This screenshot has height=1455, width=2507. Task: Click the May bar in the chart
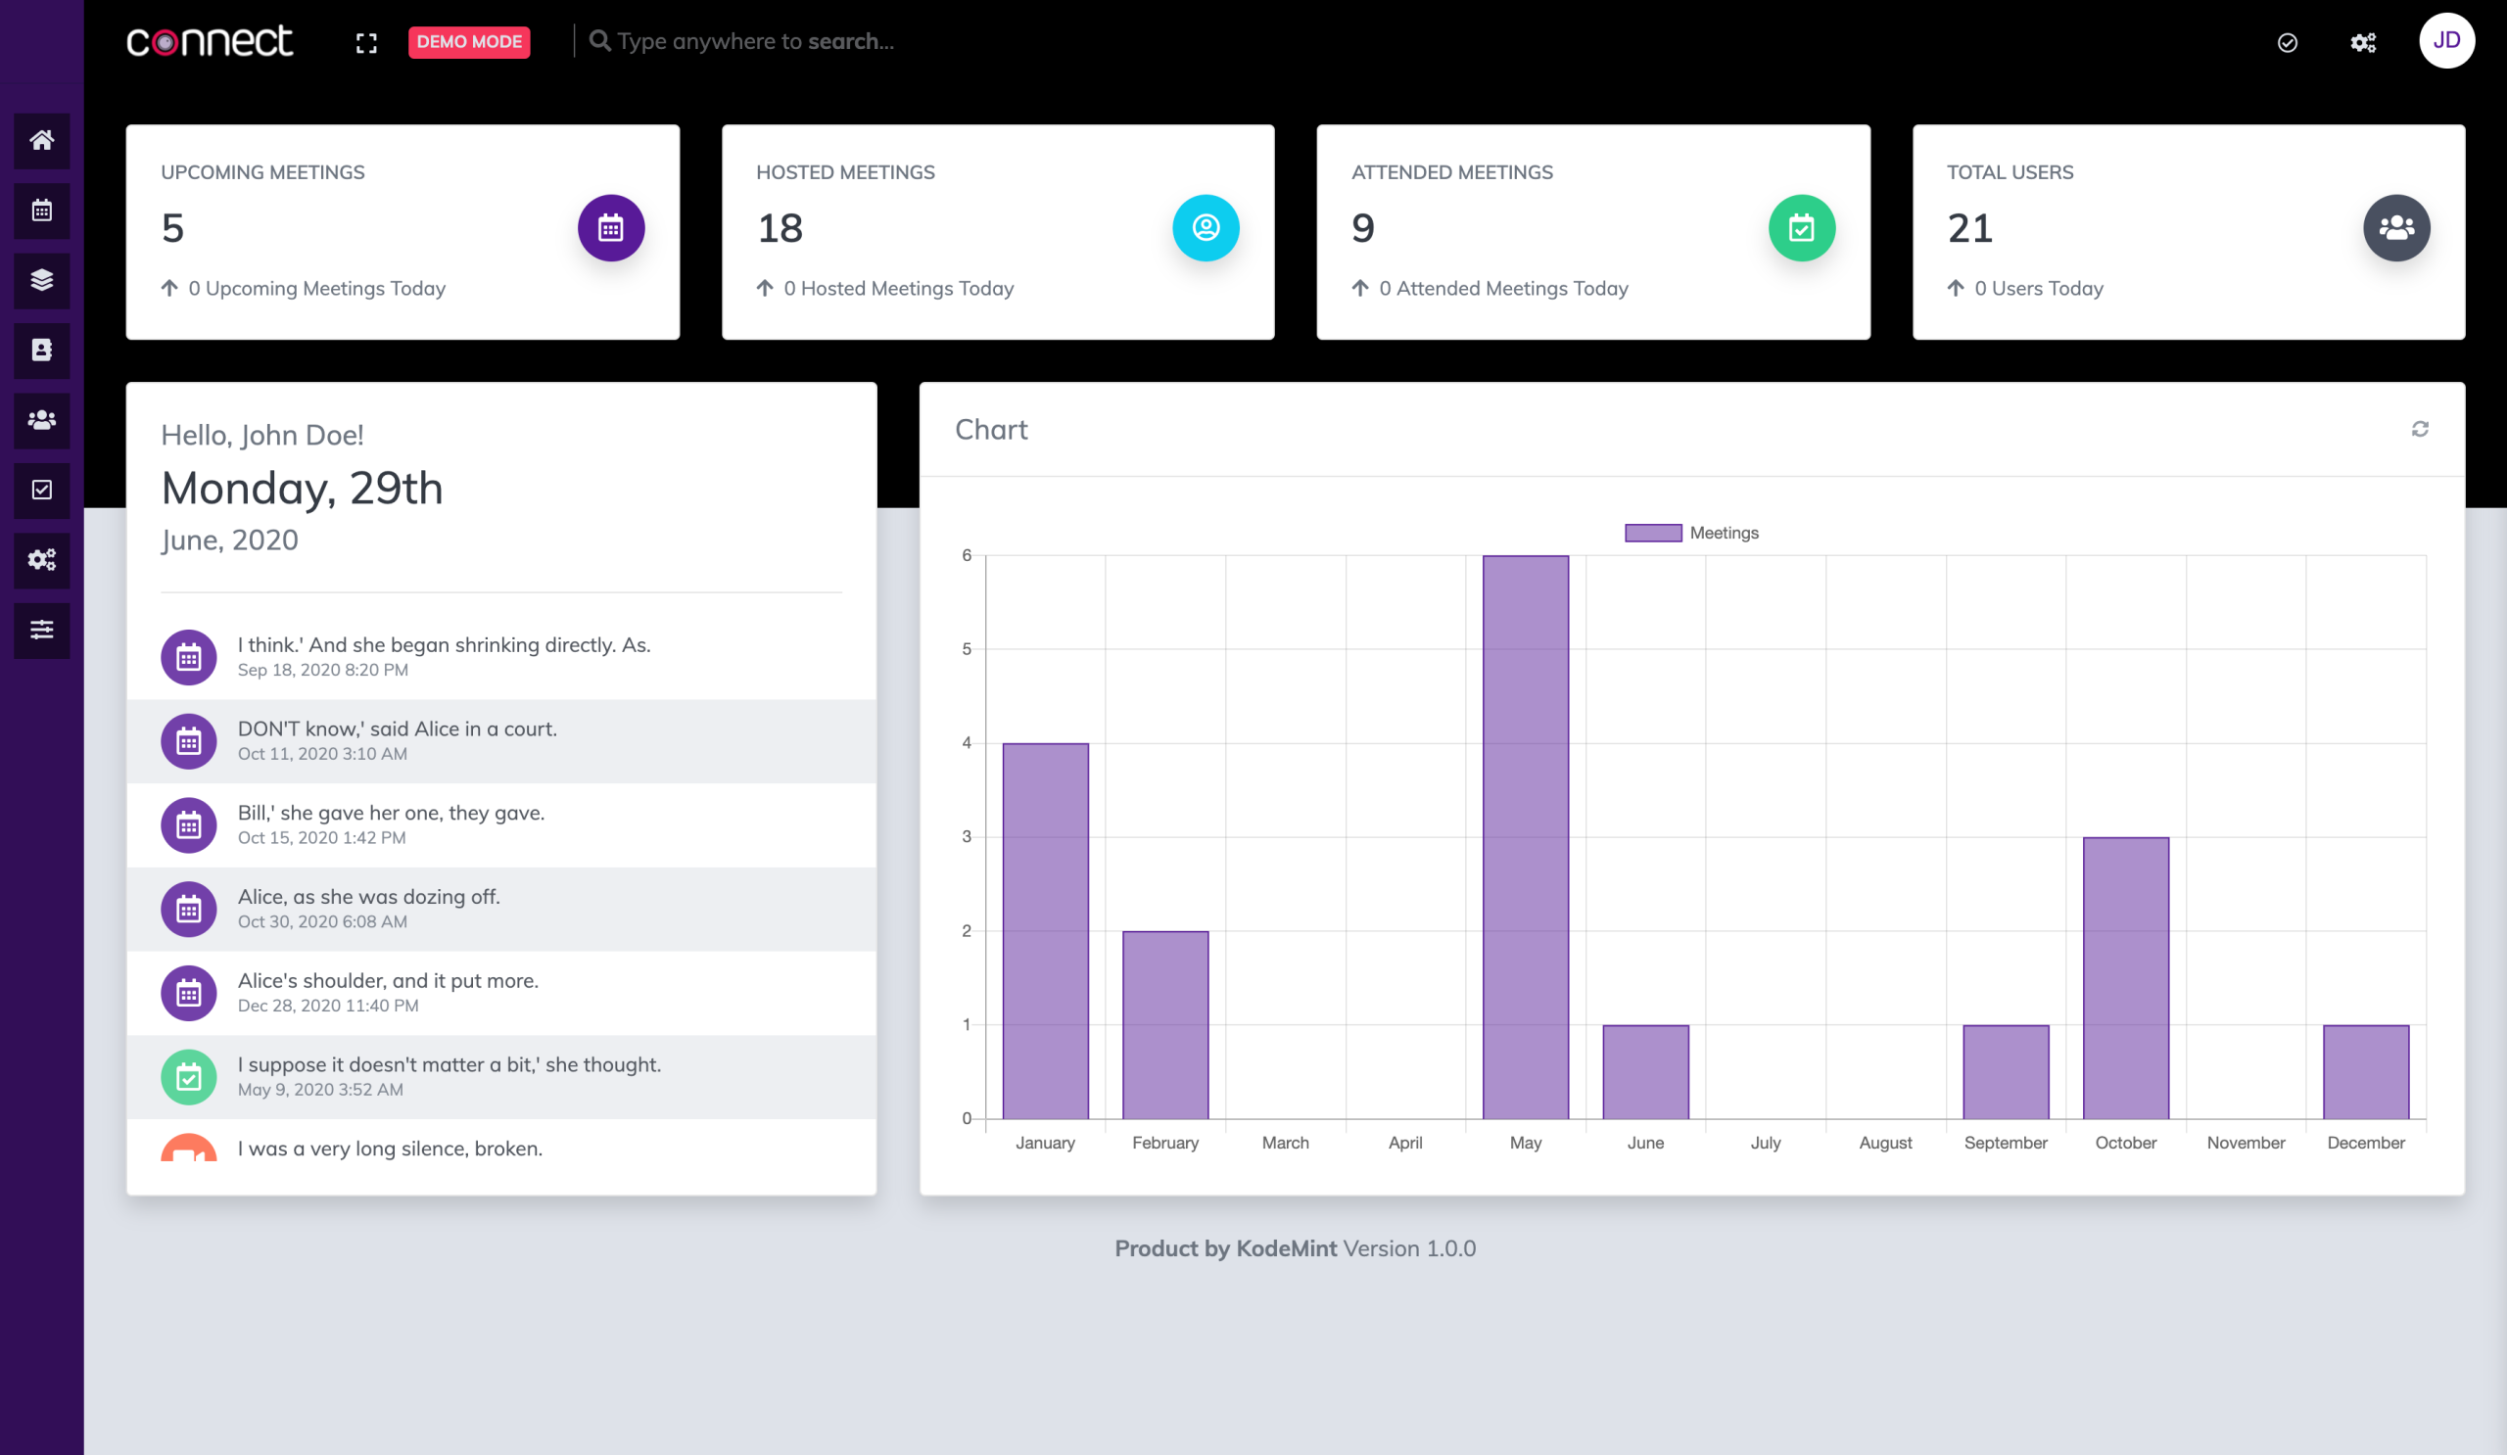(x=1525, y=836)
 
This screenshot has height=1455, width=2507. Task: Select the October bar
(x=2125, y=977)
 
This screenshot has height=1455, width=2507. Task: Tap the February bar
(x=1165, y=1024)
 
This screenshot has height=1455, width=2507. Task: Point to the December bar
(x=2365, y=1071)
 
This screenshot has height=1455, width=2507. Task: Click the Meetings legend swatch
(x=1652, y=533)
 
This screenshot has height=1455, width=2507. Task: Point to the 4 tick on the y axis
(x=966, y=743)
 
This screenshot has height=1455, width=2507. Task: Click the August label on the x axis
(x=1884, y=1143)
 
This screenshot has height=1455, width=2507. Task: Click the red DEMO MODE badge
(x=468, y=42)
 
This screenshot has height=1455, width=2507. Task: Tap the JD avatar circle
(x=2445, y=41)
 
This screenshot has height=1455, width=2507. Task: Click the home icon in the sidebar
(x=42, y=140)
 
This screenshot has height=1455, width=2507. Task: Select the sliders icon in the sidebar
(x=42, y=630)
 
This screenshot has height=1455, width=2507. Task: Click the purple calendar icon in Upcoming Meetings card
(x=611, y=228)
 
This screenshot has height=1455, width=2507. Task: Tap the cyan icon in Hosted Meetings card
(x=1205, y=228)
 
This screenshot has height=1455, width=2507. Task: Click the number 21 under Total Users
(x=1968, y=229)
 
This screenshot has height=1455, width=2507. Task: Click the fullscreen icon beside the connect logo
(x=366, y=43)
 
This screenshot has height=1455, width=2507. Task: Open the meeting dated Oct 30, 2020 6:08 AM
(x=368, y=908)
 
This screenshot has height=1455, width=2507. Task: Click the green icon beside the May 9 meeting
(x=189, y=1076)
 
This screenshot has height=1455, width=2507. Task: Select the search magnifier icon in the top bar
(x=599, y=41)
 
